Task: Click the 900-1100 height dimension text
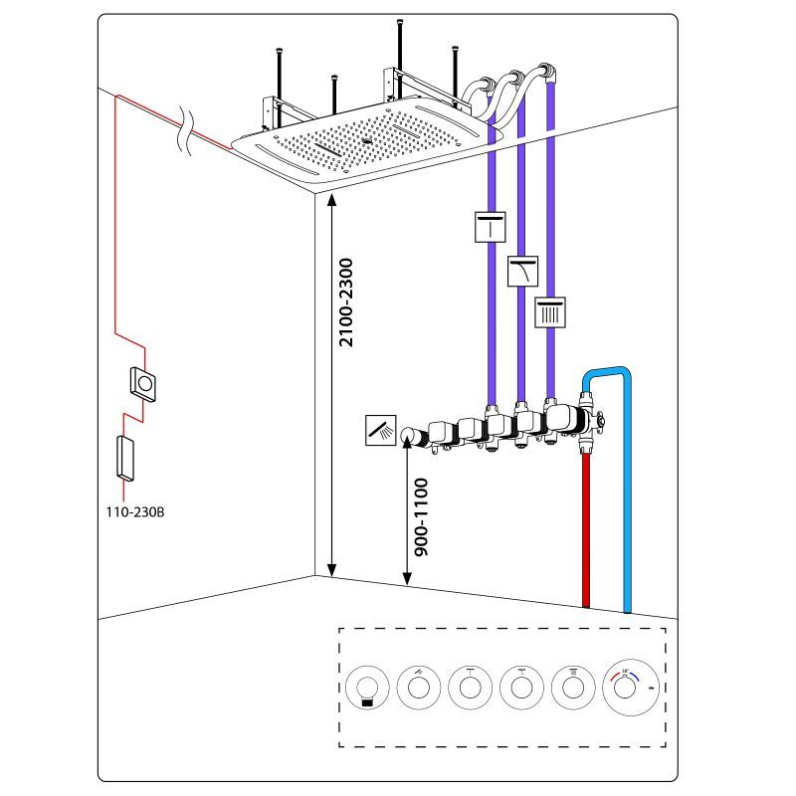(x=421, y=517)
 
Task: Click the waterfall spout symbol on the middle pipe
(x=522, y=271)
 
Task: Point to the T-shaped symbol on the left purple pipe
(x=491, y=228)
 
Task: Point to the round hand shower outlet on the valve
(x=409, y=435)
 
